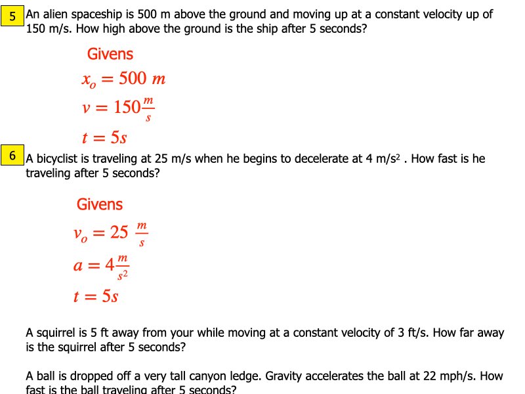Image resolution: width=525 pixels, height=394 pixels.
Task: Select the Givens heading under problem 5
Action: point(110,55)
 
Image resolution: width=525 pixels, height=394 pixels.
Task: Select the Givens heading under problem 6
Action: point(100,204)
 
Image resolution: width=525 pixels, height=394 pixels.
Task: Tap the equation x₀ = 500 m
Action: point(123,79)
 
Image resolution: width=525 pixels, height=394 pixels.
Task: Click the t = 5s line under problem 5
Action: point(104,138)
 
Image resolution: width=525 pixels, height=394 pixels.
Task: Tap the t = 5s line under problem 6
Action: point(96,296)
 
